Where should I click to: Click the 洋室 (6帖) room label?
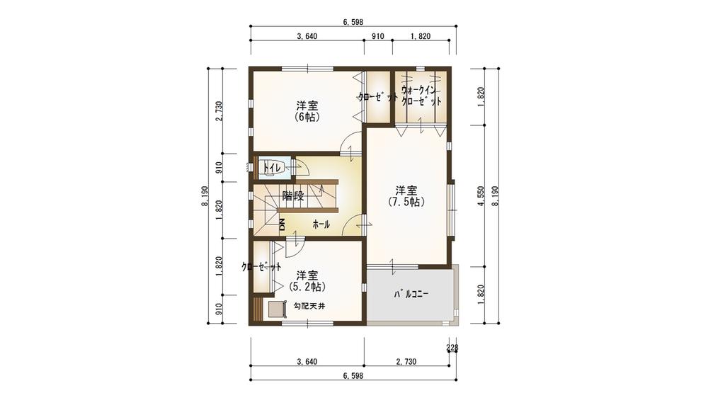pyautogui.click(x=307, y=111)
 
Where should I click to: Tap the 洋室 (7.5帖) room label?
pyautogui.click(x=406, y=195)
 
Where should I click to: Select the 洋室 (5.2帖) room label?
pyautogui.click(x=307, y=280)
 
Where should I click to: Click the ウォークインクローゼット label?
pyautogui.click(x=421, y=96)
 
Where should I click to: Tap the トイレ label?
pyautogui.click(x=273, y=168)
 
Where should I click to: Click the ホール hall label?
pyautogui.click(x=321, y=224)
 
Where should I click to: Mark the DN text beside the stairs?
pyautogui.click(x=282, y=225)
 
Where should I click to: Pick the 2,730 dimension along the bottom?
pyautogui.click(x=406, y=362)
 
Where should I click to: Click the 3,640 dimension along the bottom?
pyautogui.click(x=307, y=362)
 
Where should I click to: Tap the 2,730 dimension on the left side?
pyautogui.click(x=219, y=111)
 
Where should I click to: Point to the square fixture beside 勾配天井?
pyautogui.click(x=273, y=309)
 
